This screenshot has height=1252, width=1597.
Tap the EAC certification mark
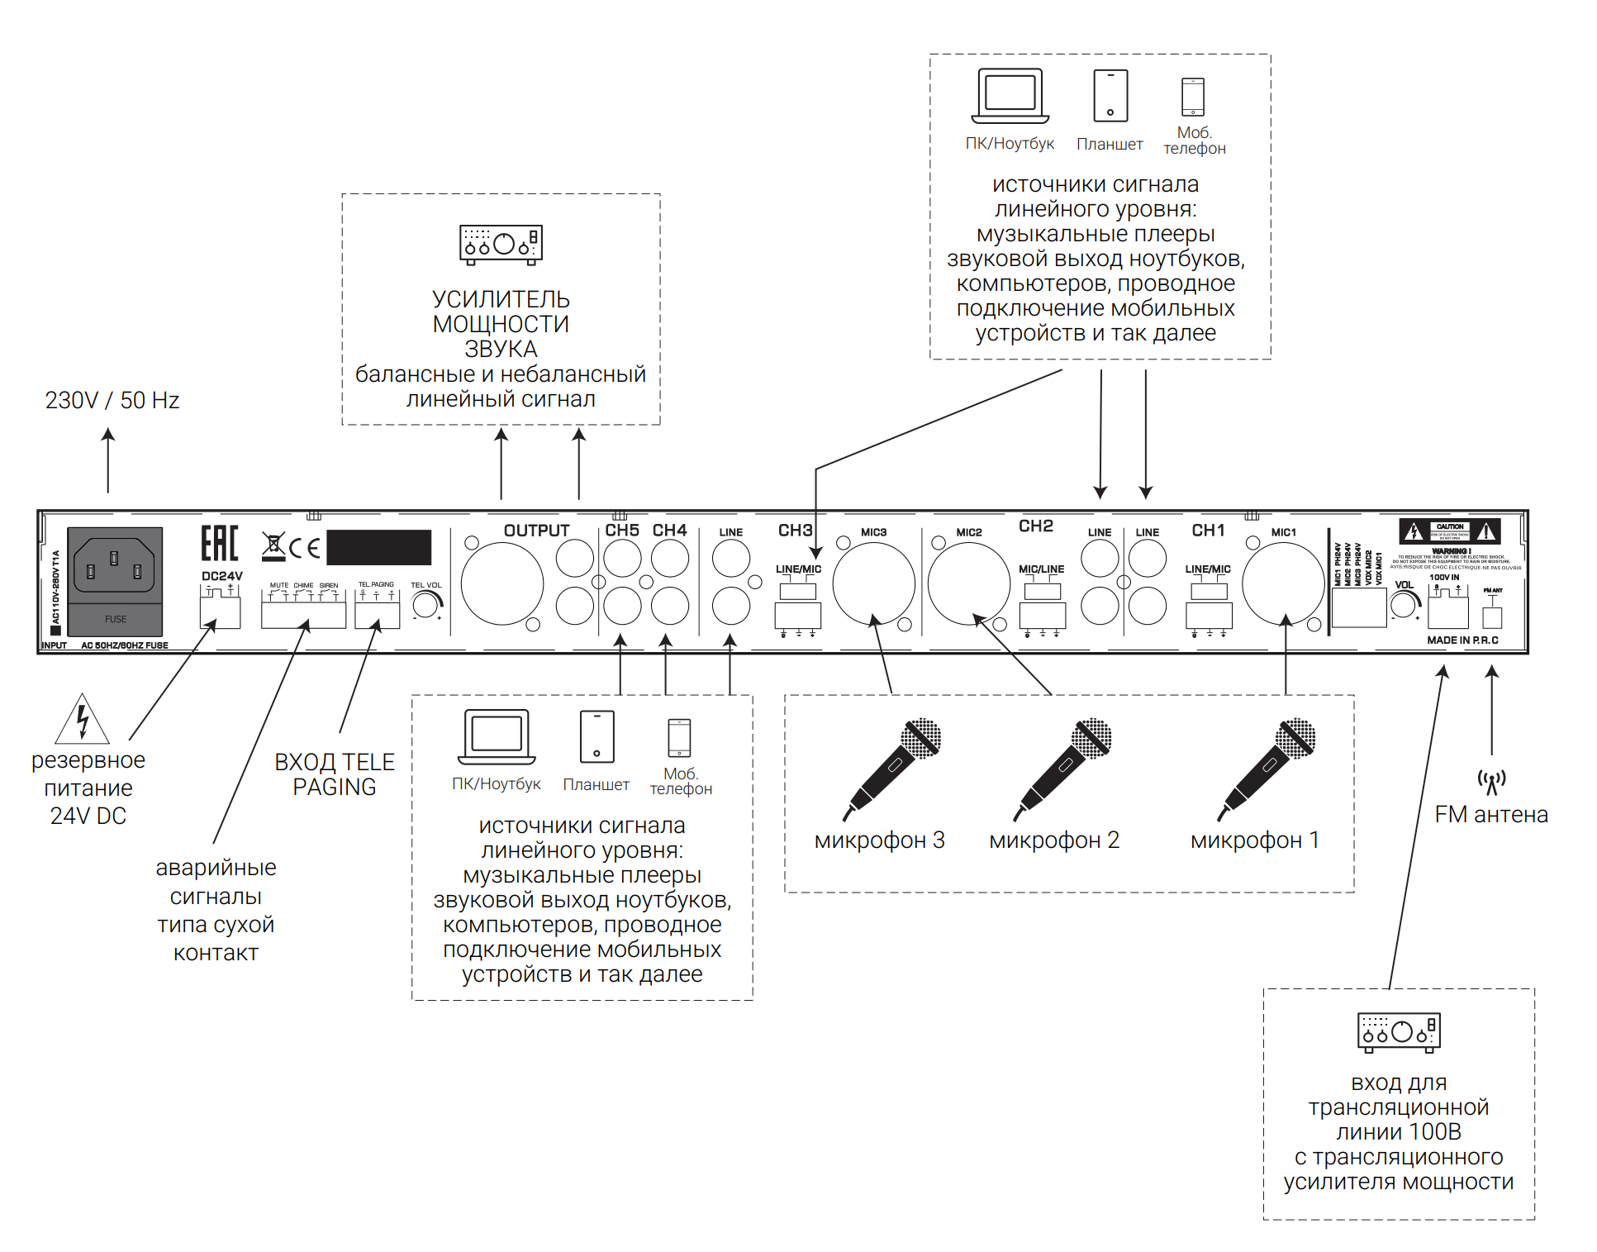tap(220, 544)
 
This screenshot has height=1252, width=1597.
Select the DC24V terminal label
tap(221, 576)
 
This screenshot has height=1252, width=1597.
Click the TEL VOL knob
tap(425, 605)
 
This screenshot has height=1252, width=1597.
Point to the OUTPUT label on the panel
tap(536, 531)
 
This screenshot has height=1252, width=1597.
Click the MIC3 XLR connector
tap(873, 583)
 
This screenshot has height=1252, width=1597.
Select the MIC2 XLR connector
tap(968, 583)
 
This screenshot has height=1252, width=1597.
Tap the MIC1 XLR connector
tap(1283, 583)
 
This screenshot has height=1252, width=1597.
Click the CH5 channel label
tap(622, 531)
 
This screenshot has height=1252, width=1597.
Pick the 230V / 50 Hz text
tap(112, 401)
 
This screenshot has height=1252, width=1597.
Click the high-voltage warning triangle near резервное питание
tap(82, 720)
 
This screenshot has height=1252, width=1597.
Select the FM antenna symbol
tap(1491, 781)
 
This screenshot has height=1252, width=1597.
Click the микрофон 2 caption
tap(1054, 840)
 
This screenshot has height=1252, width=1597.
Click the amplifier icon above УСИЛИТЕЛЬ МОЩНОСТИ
tap(501, 245)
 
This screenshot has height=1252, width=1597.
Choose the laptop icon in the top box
tap(1010, 96)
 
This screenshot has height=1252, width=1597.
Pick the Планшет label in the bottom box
tap(596, 784)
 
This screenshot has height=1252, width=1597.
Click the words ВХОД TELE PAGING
tap(334, 774)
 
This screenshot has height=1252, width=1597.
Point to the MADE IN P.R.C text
tap(1462, 640)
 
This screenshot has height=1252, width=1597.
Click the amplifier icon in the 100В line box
tap(1399, 1032)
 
